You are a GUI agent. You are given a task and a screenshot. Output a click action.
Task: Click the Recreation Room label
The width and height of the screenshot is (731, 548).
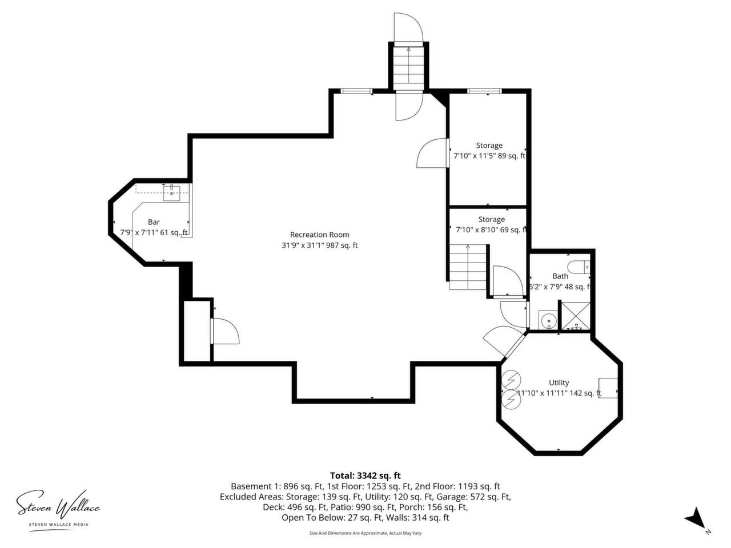coord(319,235)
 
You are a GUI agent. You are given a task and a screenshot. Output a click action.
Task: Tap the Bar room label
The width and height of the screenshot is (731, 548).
coord(154,222)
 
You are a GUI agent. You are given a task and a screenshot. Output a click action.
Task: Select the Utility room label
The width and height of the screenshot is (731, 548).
coord(559,382)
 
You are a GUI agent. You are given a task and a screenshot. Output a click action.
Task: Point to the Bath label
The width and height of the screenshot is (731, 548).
coord(560,276)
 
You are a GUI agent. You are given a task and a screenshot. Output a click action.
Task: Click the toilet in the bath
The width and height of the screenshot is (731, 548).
coord(579,267)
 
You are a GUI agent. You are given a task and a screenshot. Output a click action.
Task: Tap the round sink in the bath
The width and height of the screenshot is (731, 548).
coord(548,321)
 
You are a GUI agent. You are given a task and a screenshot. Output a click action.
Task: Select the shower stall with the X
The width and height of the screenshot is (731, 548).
coord(576,316)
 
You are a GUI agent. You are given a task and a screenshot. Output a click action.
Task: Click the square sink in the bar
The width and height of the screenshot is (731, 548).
coord(171,194)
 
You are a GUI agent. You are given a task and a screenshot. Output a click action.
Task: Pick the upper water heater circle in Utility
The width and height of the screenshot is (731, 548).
coord(511,380)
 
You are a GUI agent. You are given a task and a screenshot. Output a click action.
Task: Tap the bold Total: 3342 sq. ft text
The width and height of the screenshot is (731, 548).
coord(365,476)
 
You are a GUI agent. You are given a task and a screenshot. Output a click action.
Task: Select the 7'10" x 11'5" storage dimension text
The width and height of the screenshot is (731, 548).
coord(489,156)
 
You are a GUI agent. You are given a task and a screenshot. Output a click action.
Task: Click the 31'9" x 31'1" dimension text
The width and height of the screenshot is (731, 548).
coord(319,245)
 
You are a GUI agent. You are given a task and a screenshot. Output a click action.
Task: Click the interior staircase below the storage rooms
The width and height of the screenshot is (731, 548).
coord(468,267)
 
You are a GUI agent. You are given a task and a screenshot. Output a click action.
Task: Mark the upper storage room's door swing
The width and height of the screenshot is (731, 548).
coord(432,153)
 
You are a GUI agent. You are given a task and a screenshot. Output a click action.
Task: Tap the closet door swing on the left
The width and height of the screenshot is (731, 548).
coord(225,331)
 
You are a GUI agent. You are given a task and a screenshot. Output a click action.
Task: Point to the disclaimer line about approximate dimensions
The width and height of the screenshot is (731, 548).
coord(365,533)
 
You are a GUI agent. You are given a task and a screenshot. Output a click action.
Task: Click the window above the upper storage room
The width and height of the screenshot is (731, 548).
coord(484,91)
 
